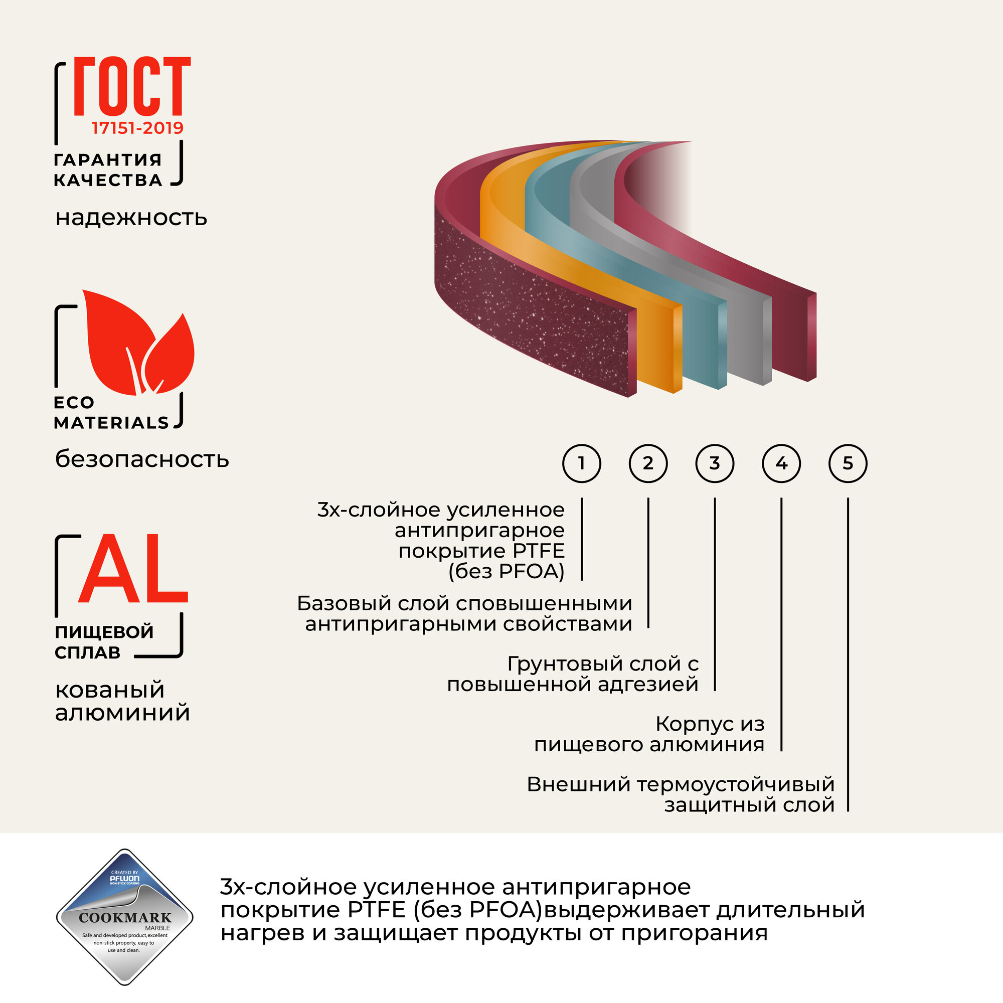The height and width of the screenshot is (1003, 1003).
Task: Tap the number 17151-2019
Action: [x=137, y=128]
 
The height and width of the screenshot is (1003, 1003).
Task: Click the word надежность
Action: [x=131, y=218]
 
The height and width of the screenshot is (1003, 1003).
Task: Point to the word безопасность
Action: [x=142, y=459]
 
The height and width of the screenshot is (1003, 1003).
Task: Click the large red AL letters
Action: [x=132, y=570]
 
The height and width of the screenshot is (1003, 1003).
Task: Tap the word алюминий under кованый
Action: [x=122, y=713]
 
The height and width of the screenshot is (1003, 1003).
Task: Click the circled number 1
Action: [x=581, y=463]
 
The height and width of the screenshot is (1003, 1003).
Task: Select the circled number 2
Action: [x=648, y=463]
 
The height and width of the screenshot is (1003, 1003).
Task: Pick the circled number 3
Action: [x=714, y=463]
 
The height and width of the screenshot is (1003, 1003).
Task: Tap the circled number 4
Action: [x=781, y=463]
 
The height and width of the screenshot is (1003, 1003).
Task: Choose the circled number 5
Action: [x=848, y=463]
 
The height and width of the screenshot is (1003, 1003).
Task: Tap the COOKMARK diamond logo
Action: [x=124, y=917]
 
